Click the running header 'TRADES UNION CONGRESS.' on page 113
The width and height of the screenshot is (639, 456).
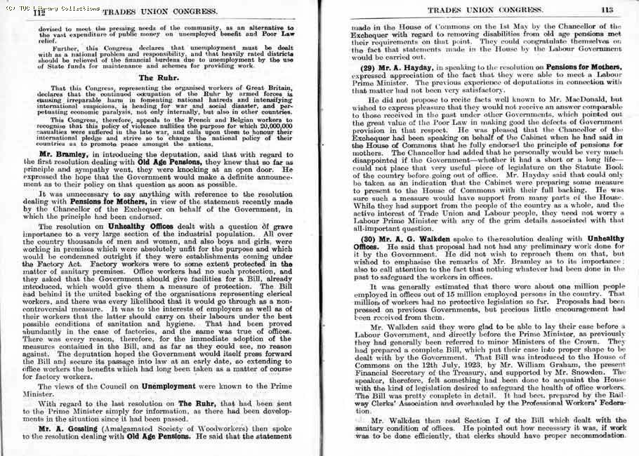click(482, 10)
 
